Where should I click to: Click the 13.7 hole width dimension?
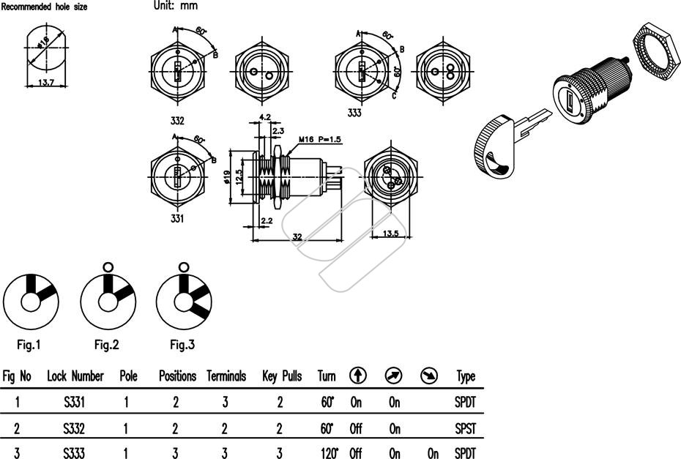(x=45, y=82)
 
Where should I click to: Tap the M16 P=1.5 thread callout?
(x=320, y=139)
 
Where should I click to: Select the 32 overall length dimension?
(x=297, y=236)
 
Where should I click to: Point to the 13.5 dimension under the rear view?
(x=390, y=234)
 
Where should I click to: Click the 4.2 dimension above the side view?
(x=265, y=117)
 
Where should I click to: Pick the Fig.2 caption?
(x=106, y=345)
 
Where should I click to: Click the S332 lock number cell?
(x=74, y=428)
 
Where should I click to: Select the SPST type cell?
(x=465, y=428)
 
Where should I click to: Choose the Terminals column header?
(x=226, y=376)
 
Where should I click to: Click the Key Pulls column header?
(x=282, y=376)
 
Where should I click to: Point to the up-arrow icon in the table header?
(x=358, y=376)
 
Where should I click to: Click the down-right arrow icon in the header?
(x=429, y=376)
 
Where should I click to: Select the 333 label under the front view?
(x=354, y=113)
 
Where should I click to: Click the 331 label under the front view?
(x=176, y=218)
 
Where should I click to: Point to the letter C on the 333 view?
(x=395, y=96)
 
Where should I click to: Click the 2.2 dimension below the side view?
(x=267, y=220)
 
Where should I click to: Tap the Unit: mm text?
(x=176, y=6)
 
